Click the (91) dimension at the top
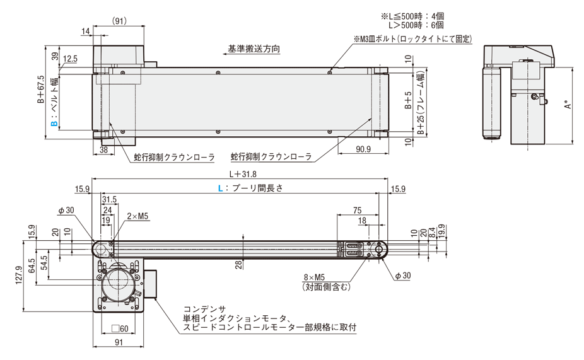click(119, 21)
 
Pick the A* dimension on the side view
click(567, 105)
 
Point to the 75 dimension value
click(357, 210)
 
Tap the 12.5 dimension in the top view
click(70, 59)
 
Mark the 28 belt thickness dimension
click(240, 264)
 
